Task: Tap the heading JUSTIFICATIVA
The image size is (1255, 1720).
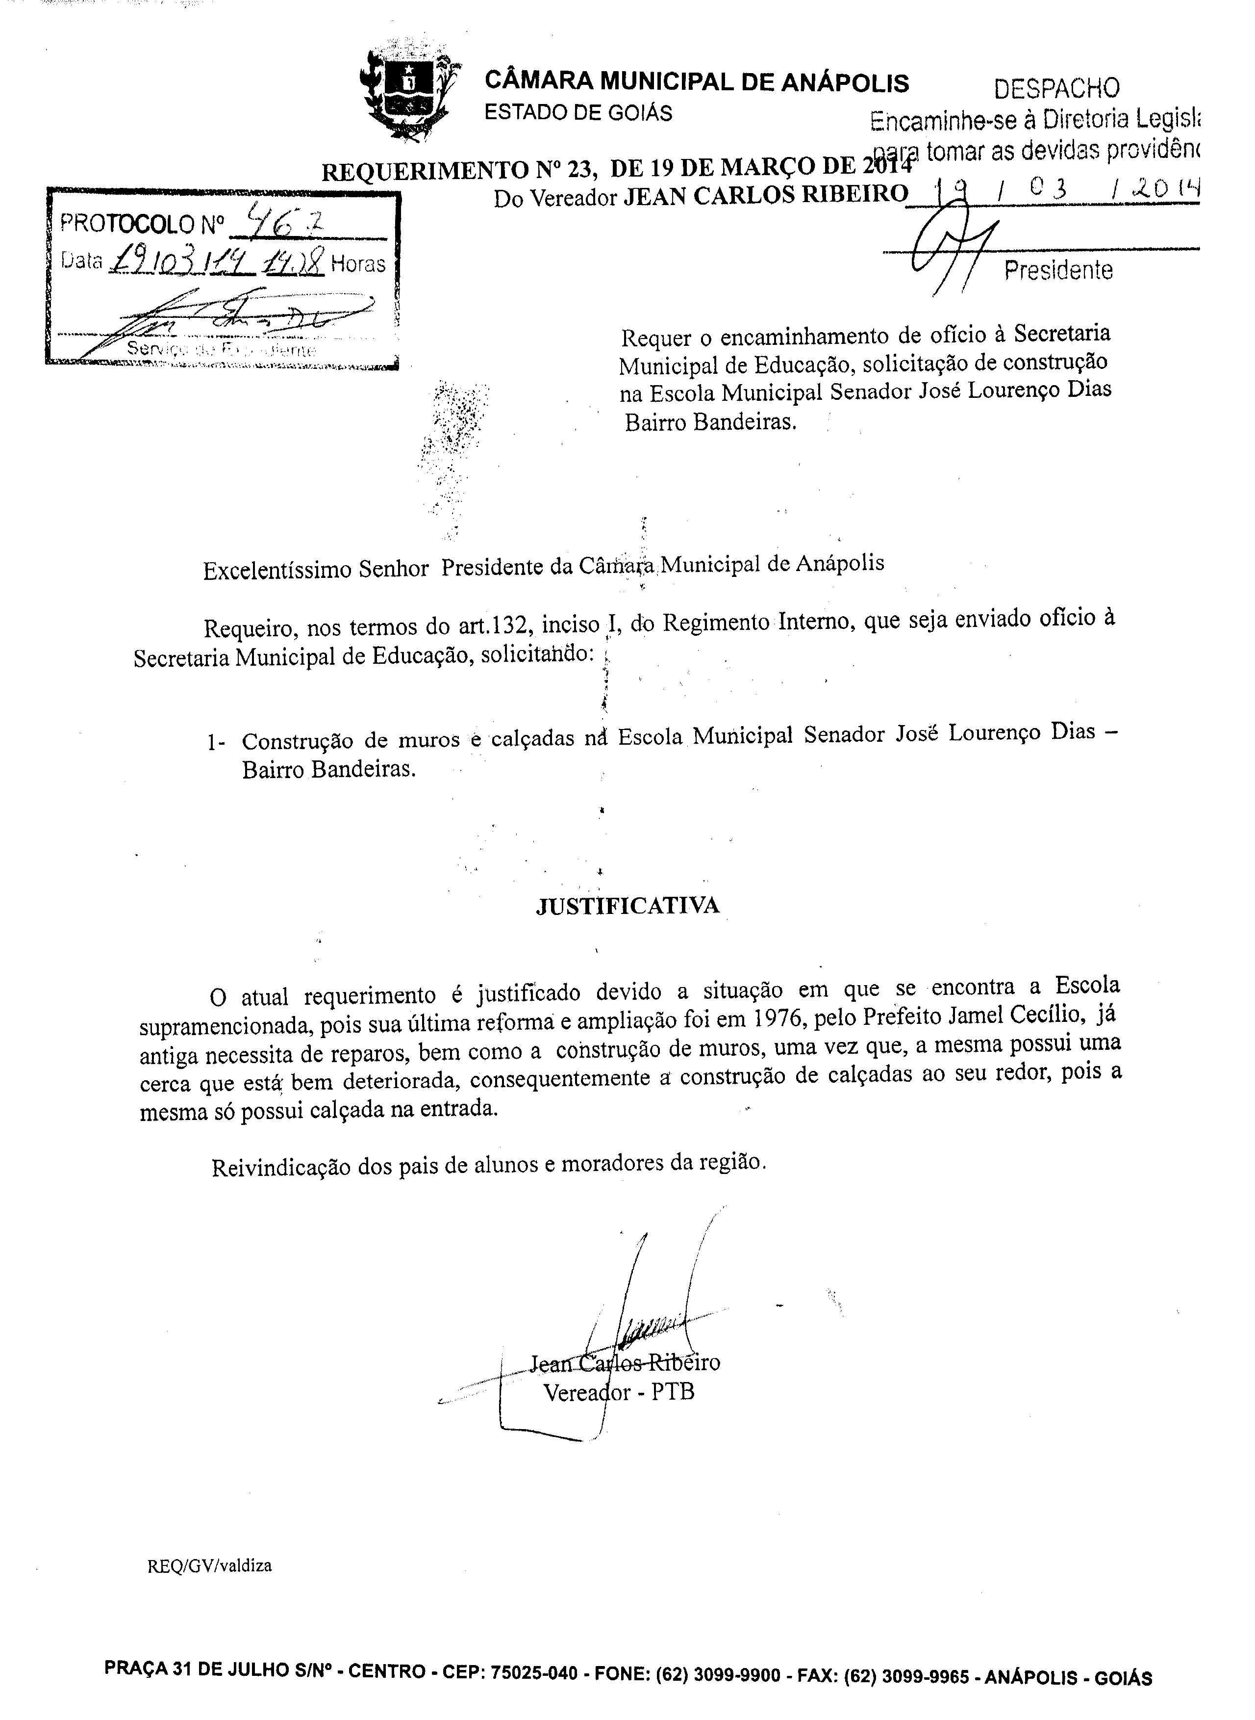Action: (x=627, y=905)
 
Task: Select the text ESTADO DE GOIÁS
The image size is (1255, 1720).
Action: (x=578, y=113)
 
